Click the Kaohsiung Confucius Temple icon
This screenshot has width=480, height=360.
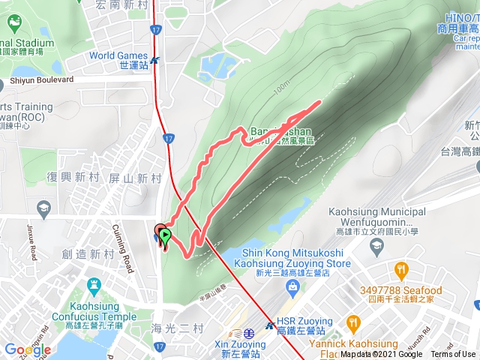point(93,286)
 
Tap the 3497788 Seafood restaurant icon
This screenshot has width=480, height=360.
point(402,269)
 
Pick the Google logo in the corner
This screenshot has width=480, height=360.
point(27,349)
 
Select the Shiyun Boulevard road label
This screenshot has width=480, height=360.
point(42,79)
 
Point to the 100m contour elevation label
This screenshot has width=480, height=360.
point(281,88)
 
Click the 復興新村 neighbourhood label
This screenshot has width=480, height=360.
point(73,177)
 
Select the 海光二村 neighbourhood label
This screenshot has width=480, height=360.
point(176,328)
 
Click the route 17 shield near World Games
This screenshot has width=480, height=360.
point(155,30)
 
